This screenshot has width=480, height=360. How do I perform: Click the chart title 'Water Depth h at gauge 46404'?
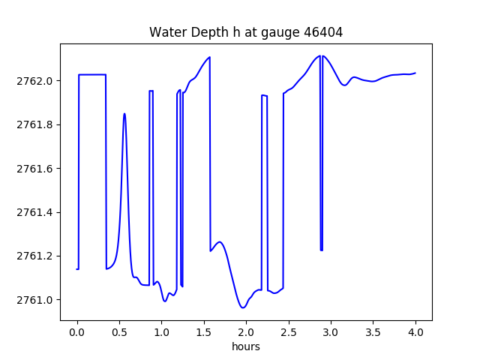[x=246, y=32]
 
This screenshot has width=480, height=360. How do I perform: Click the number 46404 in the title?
[x=322, y=32]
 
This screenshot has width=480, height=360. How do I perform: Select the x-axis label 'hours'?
[x=246, y=347]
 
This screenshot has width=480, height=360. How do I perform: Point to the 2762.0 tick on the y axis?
[x=36, y=81]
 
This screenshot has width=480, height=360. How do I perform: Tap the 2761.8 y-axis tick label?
[x=36, y=124]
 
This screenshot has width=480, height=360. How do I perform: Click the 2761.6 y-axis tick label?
[x=36, y=169]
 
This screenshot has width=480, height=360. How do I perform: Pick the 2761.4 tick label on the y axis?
[x=36, y=212]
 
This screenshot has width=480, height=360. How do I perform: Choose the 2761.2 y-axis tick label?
[x=36, y=256]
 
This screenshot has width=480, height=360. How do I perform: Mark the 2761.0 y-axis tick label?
[x=36, y=300]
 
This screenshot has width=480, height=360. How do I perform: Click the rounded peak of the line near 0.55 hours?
[x=124, y=114]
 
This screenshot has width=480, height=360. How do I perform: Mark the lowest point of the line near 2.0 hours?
[x=242, y=307]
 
